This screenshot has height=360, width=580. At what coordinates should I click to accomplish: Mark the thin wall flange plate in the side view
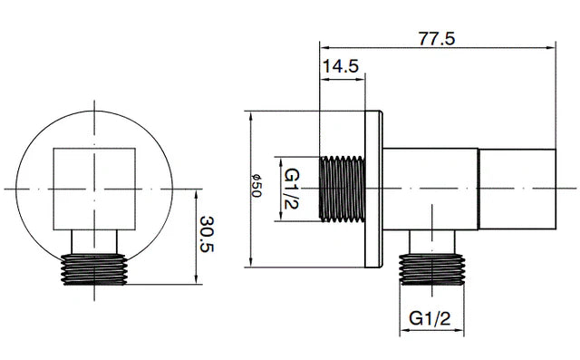[373, 189]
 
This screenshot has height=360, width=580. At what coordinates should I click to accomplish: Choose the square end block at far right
[517, 188]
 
